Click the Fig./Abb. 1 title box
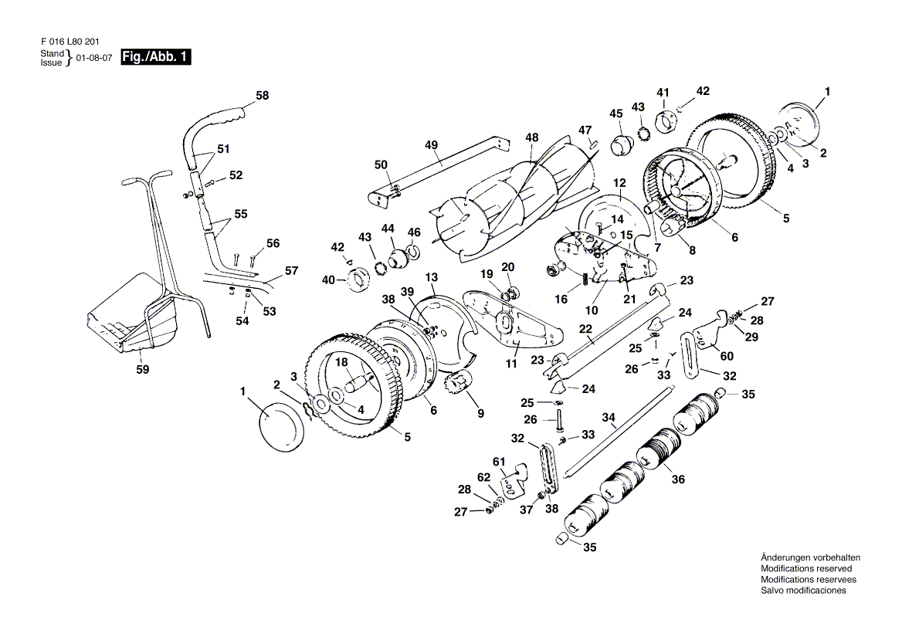155,57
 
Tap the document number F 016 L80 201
70,42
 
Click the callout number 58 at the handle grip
263,96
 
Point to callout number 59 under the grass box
143,370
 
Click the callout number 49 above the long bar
432,145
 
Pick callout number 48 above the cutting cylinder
532,137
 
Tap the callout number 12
619,184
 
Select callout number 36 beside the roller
678,479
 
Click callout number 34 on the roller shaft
609,418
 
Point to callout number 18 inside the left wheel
341,362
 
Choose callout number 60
727,356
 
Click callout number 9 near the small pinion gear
481,413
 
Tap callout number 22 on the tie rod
585,329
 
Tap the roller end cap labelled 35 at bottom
561,538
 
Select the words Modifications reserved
806,568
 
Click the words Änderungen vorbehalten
811,557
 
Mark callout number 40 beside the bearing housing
328,280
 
